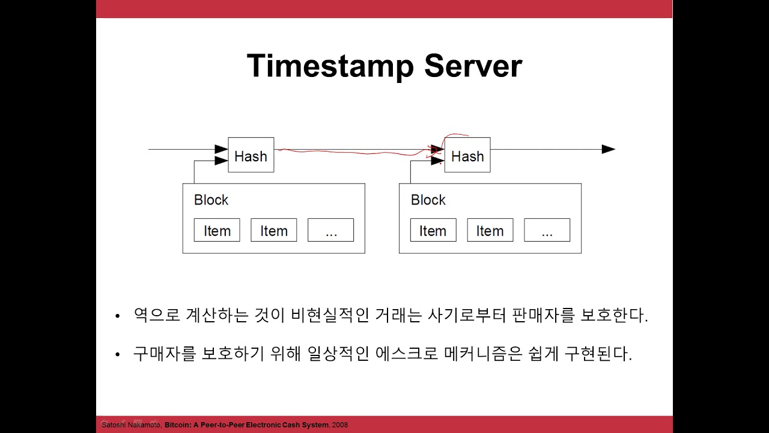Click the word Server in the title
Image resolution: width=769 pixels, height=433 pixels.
(x=473, y=66)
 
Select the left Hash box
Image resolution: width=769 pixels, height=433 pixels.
(x=251, y=156)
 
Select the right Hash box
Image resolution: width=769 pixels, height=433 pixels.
(x=467, y=156)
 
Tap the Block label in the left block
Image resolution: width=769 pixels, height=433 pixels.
(x=211, y=200)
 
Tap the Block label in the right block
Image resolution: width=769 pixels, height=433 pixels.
(x=428, y=200)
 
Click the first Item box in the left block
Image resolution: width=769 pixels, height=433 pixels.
(x=217, y=230)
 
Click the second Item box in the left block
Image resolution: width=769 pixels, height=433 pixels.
(x=274, y=230)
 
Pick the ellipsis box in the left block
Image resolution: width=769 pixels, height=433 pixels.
(x=331, y=230)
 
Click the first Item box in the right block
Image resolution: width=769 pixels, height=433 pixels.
(x=433, y=230)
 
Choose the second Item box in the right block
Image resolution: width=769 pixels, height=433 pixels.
(x=490, y=230)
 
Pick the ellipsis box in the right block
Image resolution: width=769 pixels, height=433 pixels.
(x=547, y=230)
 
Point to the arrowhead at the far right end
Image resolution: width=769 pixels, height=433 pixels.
(x=608, y=149)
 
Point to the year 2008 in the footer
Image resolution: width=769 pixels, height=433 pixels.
(x=339, y=425)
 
